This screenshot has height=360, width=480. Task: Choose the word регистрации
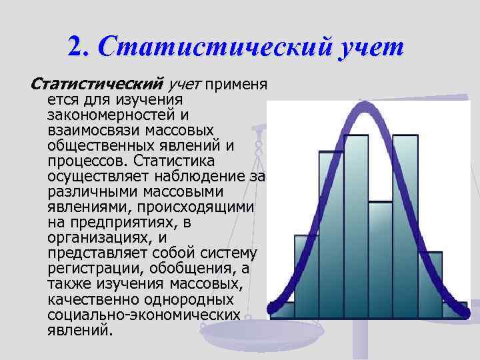coord(90,269)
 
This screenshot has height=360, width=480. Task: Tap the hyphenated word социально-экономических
coord(144,315)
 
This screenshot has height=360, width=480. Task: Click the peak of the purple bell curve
coord(367,103)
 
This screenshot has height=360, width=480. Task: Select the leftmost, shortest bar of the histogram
coord(282,310)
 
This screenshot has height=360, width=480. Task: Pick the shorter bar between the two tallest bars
coord(380,260)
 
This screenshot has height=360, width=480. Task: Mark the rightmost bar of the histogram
coord(455,311)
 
